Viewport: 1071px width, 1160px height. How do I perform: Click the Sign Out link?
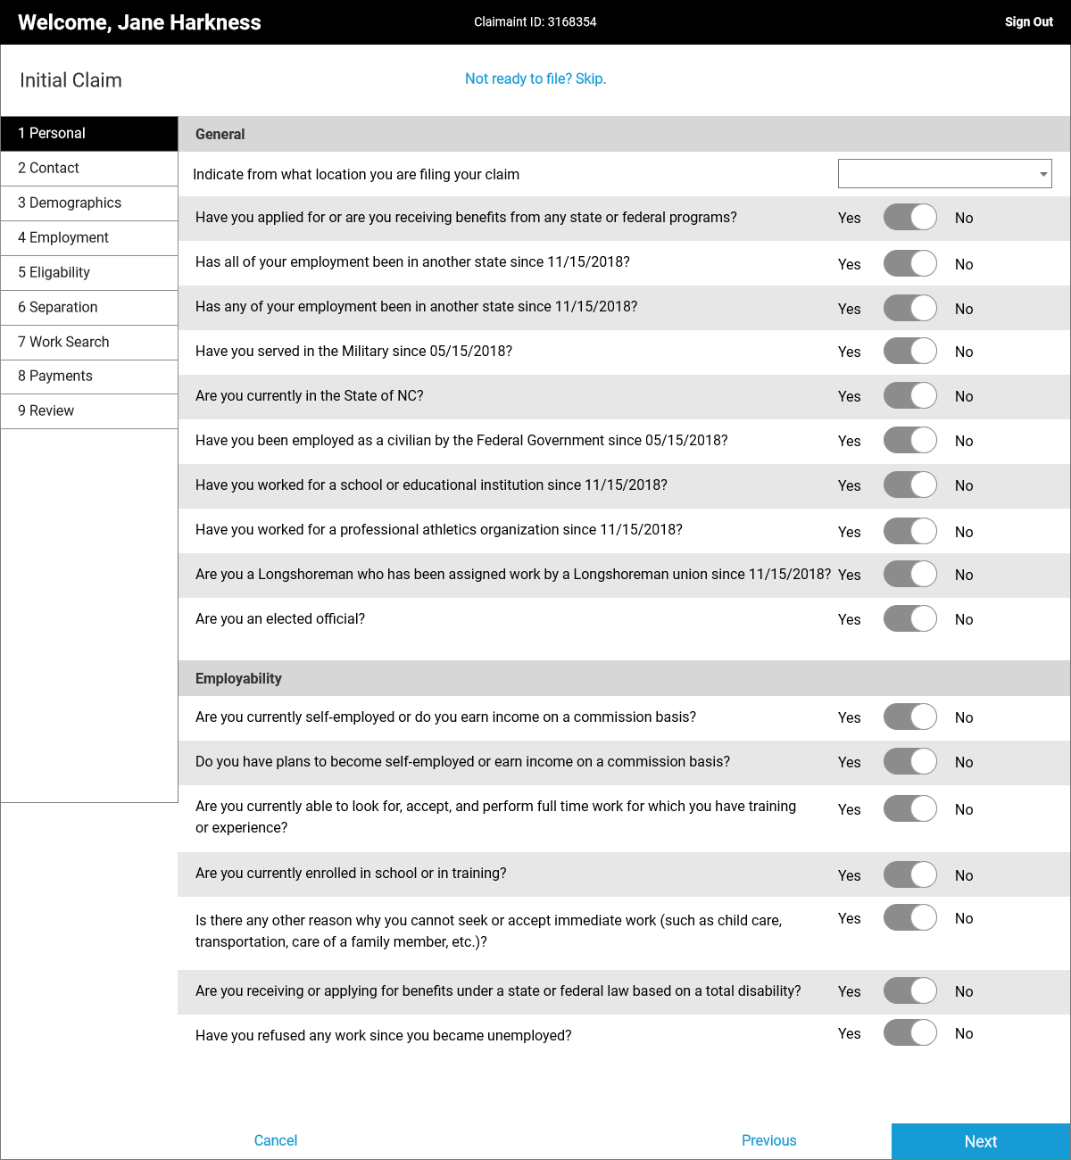pos(1028,22)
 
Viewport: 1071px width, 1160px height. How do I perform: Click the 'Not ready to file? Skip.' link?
pos(535,79)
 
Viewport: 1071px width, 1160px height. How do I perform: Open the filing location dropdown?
pos(944,174)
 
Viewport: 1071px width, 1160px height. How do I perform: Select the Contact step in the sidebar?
pos(89,168)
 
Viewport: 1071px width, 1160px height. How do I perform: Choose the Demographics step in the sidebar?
pos(89,203)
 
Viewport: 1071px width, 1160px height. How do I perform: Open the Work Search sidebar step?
pos(89,342)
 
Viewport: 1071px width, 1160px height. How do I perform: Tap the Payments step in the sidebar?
pos(89,376)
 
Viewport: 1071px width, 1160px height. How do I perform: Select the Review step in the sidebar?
pos(89,410)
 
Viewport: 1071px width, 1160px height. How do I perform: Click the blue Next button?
pos(980,1141)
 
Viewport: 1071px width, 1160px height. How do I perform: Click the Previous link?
pos(768,1140)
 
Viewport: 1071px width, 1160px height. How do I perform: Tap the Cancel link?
pos(276,1140)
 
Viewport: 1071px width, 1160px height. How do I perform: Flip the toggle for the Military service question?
pos(909,351)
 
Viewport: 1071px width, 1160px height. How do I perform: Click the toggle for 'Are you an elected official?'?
pos(909,618)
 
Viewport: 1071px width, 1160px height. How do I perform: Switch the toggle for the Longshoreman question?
pos(909,574)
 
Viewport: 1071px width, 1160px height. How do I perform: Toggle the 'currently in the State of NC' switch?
pos(909,395)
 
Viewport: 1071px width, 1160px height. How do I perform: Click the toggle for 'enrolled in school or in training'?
pos(909,874)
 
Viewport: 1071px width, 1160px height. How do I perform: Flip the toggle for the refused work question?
pos(909,1032)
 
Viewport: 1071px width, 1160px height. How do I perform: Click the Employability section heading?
pos(238,678)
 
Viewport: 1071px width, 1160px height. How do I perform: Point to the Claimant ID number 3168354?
pos(572,22)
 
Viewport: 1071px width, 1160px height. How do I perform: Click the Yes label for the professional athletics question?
pos(849,532)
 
